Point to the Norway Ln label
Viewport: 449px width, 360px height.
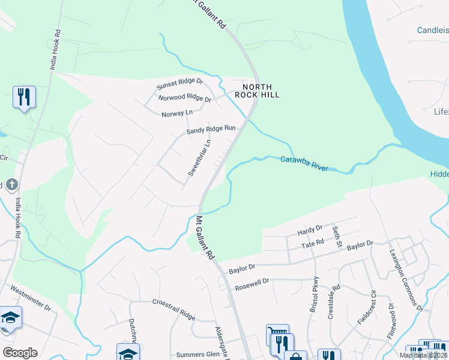177,112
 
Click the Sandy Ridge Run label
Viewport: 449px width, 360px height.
211,129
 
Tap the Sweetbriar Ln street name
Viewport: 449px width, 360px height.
200,158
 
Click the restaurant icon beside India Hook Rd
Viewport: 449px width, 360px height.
24,97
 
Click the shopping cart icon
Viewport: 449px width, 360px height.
277,334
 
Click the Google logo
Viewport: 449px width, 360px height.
20,353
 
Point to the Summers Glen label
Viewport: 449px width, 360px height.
197,355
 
